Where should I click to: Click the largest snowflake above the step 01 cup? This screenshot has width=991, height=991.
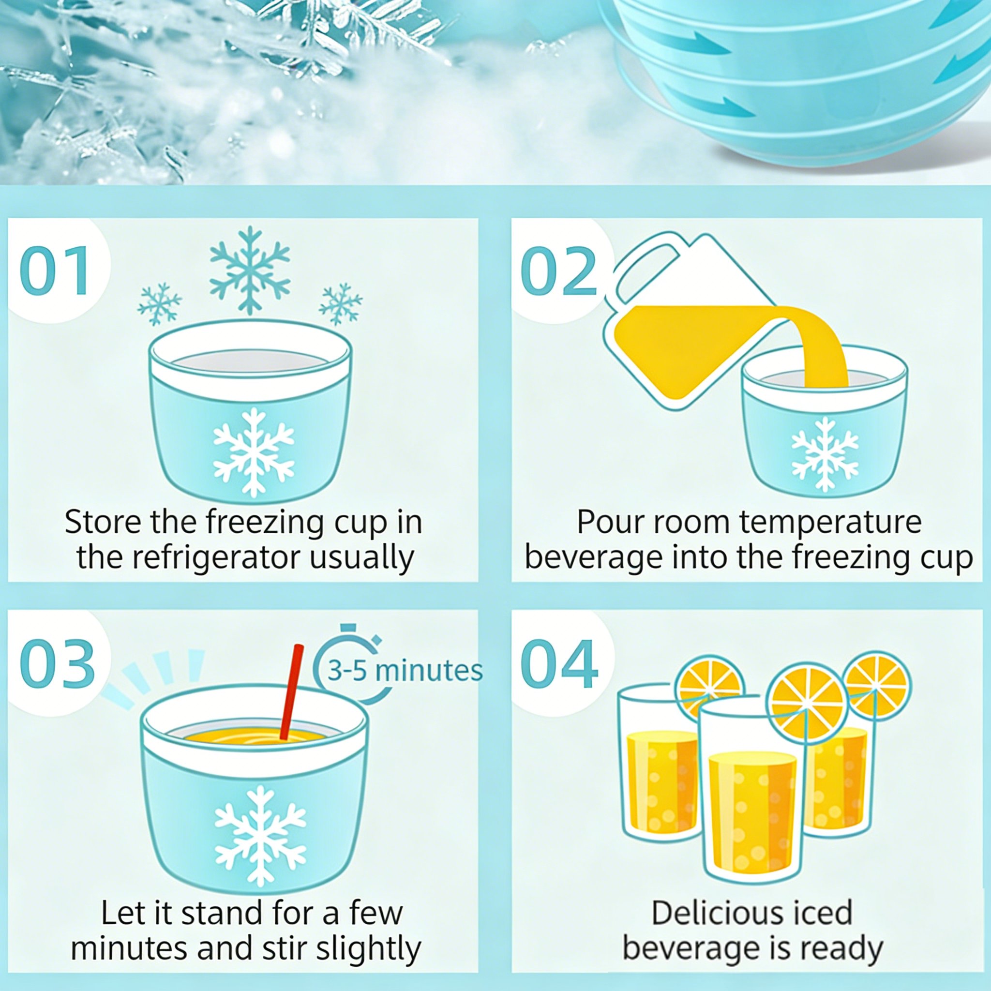(250, 270)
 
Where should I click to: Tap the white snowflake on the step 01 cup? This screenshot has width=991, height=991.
(254, 452)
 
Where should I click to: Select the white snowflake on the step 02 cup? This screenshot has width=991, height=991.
(825, 453)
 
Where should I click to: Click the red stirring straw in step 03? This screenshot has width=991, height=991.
(290, 691)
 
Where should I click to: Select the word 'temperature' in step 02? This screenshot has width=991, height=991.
(830, 522)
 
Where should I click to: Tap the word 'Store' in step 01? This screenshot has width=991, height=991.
(102, 522)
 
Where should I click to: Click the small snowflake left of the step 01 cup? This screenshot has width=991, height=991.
(160, 304)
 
